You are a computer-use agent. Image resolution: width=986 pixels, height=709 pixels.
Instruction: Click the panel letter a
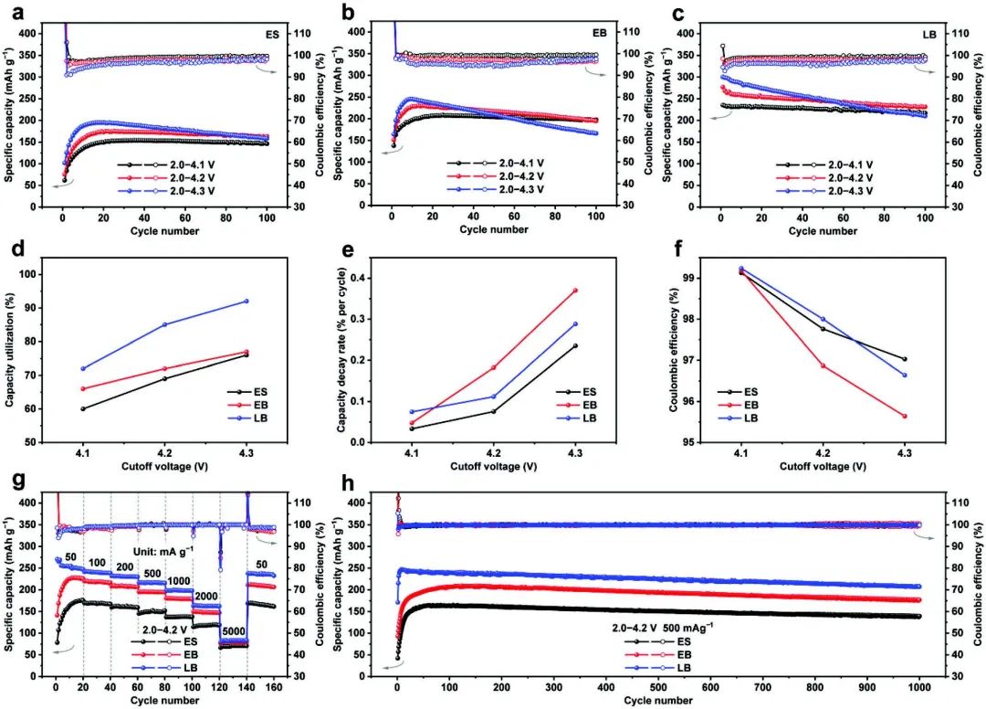pos(13,12)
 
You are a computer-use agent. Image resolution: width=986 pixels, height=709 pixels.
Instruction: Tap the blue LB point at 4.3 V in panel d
pos(246,302)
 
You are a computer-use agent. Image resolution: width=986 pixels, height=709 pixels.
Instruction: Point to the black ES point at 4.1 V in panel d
pos(83,408)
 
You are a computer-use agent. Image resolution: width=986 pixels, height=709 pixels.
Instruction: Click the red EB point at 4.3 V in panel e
pos(575,291)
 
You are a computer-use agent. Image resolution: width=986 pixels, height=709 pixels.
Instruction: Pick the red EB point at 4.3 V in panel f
pos(905,417)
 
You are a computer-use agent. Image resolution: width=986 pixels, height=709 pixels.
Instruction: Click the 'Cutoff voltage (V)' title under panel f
pos(823,466)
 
